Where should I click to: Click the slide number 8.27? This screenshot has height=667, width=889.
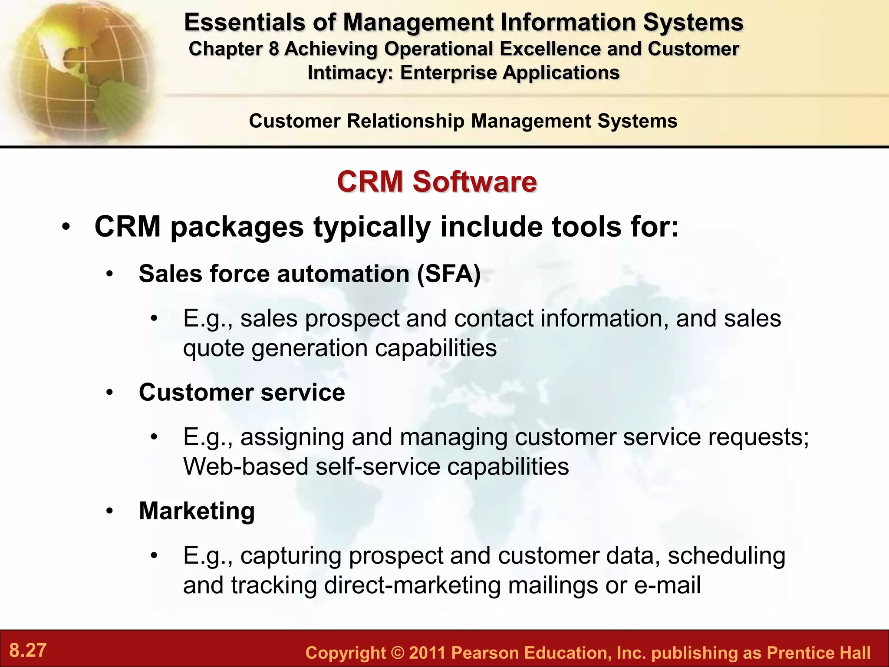pos(28,650)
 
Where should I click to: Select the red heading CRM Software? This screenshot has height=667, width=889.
pos(437,182)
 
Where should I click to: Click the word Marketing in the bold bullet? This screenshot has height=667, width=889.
pos(197,511)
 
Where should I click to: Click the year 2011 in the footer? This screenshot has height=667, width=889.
pos(427,653)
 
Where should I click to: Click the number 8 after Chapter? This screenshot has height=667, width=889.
pos(273,49)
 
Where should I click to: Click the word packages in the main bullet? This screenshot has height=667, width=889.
pos(237,227)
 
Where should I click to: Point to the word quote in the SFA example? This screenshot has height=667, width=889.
pos(214,348)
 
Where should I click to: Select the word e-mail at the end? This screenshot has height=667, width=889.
pos(667,585)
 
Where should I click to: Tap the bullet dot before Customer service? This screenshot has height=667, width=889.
pos(110,393)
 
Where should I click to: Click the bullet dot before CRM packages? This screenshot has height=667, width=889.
pos(66,227)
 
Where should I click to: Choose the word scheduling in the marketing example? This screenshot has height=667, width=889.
pos(726,556)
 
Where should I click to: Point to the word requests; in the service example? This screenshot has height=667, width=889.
pos(758,437)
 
